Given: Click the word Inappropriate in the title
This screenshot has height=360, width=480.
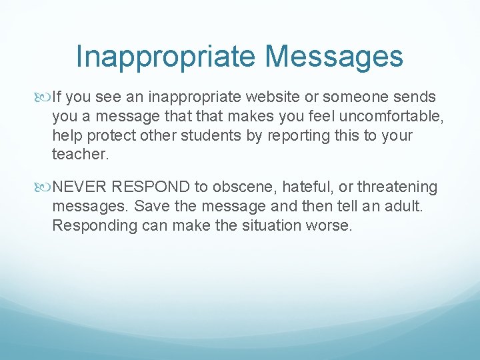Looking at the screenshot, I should coord(164,57).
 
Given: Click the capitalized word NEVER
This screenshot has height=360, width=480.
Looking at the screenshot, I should coord(81,187).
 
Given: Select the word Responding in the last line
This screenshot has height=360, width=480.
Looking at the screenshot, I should coord(95,225).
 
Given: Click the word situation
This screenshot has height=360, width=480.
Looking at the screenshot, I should coord(269,225).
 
